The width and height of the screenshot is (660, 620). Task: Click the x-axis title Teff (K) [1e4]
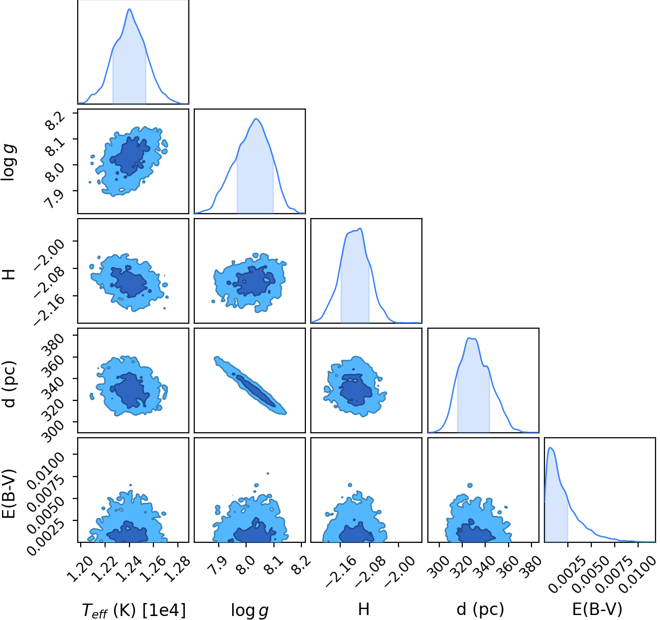coord(133,610)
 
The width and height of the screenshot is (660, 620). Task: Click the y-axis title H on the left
coord(9,274)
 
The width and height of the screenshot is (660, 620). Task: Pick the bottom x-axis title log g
coord(250,610)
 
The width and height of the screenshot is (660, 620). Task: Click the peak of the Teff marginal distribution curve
coord(130,9)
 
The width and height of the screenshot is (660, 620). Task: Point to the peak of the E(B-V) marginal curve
coord(550,448)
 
